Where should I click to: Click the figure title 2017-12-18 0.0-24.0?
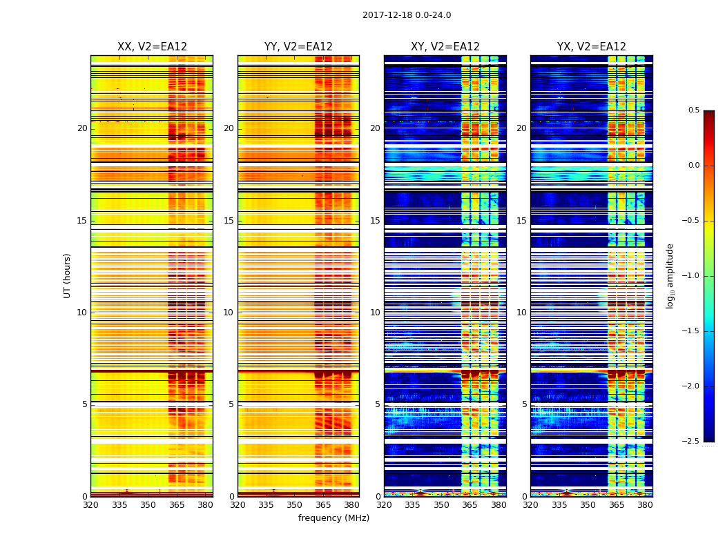tap(407, 15)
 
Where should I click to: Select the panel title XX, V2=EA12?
tap(152, 47)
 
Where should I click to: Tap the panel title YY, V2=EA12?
tap(298, 47)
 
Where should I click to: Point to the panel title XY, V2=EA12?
tap(445, 47)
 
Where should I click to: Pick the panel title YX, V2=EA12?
tap(592, 47)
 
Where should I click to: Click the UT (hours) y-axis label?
tap(68, 275)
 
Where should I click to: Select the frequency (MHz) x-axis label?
tap(333, 518)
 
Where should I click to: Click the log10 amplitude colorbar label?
tap(670, 275)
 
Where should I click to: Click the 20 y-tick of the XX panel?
tap(82, 128)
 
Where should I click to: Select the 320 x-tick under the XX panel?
tap(90, 504)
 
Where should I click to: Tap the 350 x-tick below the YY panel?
tap(295, 504)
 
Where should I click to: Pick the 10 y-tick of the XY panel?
tap(375, 313)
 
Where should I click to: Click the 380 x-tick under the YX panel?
tap(645, 504)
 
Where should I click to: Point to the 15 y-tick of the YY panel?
tap(229, 221)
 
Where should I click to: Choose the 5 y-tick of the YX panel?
tap(524, 404)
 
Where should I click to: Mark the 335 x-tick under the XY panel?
tap(412, 504)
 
